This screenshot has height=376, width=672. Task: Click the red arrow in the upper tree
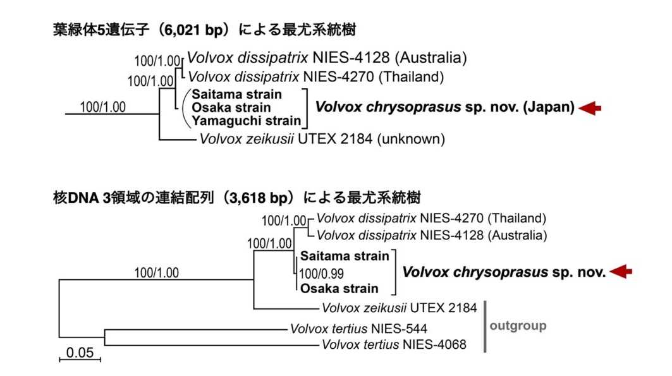tap(590, 108)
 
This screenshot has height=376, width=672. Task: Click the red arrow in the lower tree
tap(621, 272)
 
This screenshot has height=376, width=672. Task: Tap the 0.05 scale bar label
tap(80, 353)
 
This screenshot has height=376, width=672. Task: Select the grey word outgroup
tap(518, 326)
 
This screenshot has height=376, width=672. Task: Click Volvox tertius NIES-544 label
tap(358, 329)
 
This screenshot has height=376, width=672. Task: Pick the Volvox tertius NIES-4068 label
tap(394, 344)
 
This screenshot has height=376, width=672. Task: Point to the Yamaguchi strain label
tap(247, 121)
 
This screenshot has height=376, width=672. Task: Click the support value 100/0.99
tap(321, 274)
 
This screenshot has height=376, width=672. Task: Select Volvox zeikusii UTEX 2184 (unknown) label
tap(322, 139)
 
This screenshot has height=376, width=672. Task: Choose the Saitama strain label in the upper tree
tap(236, 94)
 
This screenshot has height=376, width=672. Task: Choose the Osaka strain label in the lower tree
tap(339, 288)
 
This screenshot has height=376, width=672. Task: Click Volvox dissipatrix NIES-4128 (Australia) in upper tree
tap(327, 58)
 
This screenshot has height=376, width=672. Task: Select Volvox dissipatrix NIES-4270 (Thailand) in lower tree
tap(432, 219)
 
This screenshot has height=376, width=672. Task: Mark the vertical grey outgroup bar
tap(485, 326)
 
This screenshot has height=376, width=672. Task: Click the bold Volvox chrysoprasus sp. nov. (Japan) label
tap(445, 107)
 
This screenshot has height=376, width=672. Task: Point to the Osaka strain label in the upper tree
tap(231, 107)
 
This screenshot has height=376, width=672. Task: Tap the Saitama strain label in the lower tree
tap(345, 256)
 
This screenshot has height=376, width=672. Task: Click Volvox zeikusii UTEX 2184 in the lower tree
tap(400, 308)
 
